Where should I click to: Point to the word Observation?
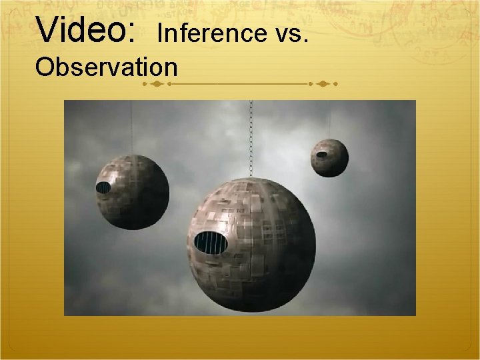[x=107, y=67]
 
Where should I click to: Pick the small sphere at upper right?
[x=329, y=157]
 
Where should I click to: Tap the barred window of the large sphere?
[x=210, y=243]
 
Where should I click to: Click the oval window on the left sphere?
[x=103, y=187]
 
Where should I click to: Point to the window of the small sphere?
[x=321, y=155]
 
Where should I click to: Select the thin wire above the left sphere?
[x=131, y=127]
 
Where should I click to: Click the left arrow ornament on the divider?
[x=155, y=85]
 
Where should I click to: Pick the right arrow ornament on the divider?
[x=323, y=85]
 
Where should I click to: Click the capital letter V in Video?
[x=49, y=29]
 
